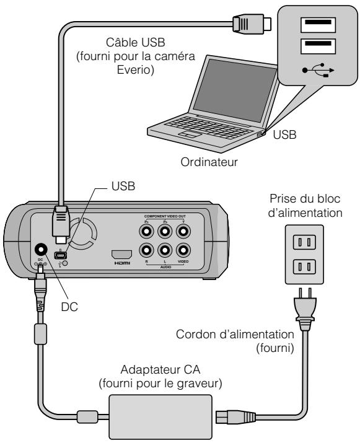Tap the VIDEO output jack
click(182, 251)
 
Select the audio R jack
click(146, 251)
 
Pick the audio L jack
click(164, 251)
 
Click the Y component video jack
click(182, 230)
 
